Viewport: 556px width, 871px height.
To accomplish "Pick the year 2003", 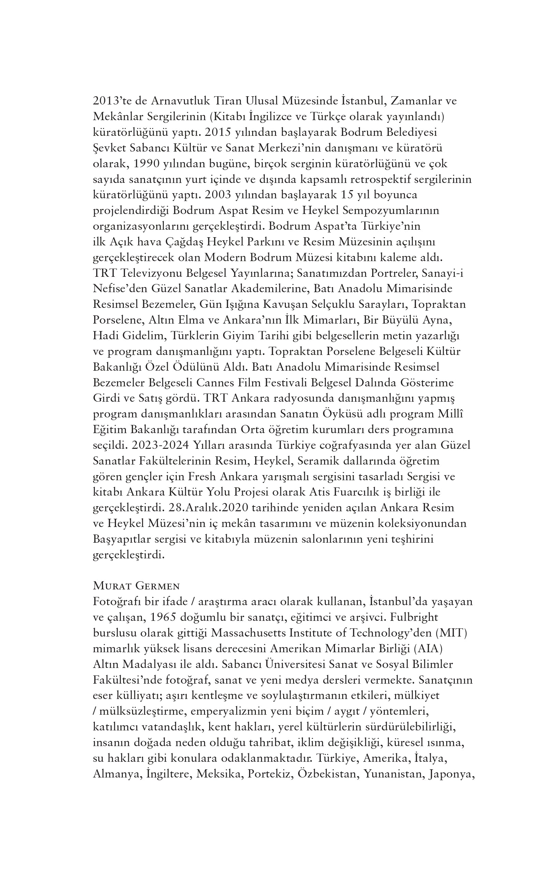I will coord(218,195).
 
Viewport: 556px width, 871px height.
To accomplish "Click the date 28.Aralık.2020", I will coord(209,508).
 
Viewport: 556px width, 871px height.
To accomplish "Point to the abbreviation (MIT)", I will coord(452,633).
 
